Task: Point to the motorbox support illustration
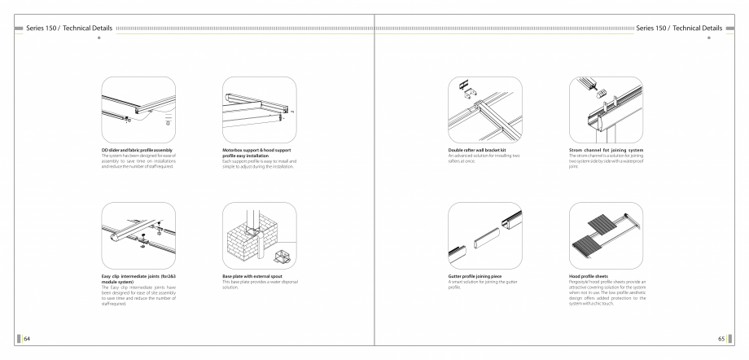[259, 108]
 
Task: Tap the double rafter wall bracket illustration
[485, 108]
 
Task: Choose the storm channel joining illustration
[604, 108]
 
